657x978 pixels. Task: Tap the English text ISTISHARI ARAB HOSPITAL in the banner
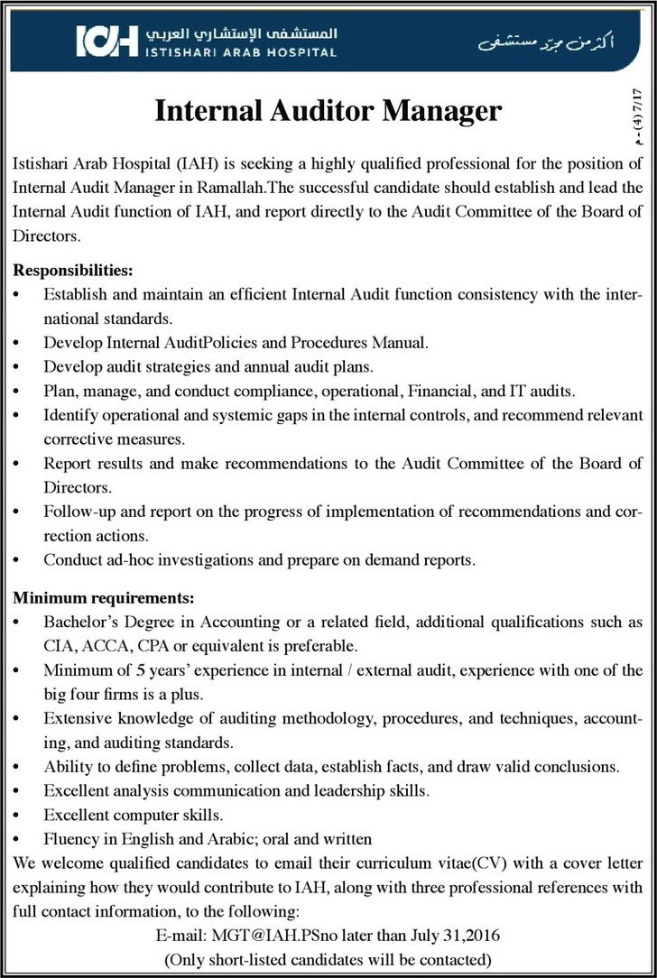point(240,52)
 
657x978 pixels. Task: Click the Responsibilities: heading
point(73,270)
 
